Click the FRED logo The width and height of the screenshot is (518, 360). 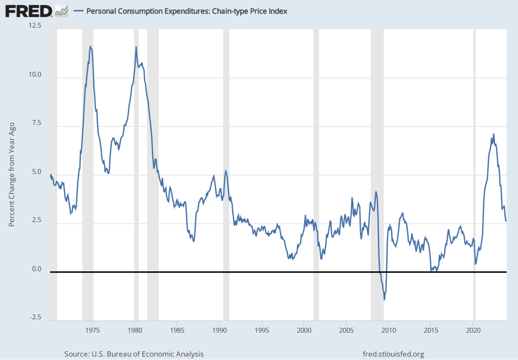coord(29,11)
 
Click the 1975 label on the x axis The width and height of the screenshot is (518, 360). coord(92,330)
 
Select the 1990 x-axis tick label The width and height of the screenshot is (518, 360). coord(219,330)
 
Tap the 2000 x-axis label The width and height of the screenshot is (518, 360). coord(304,330)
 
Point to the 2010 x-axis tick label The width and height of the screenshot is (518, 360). coord(388,330)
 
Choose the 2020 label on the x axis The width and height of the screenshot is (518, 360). coord(473,330)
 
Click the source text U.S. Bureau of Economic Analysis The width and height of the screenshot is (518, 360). coord(134,353)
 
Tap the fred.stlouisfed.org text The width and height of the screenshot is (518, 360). coord(394,353)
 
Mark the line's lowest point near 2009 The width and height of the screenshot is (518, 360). coord(384,300)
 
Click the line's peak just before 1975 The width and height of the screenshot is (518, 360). coord(90,47)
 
